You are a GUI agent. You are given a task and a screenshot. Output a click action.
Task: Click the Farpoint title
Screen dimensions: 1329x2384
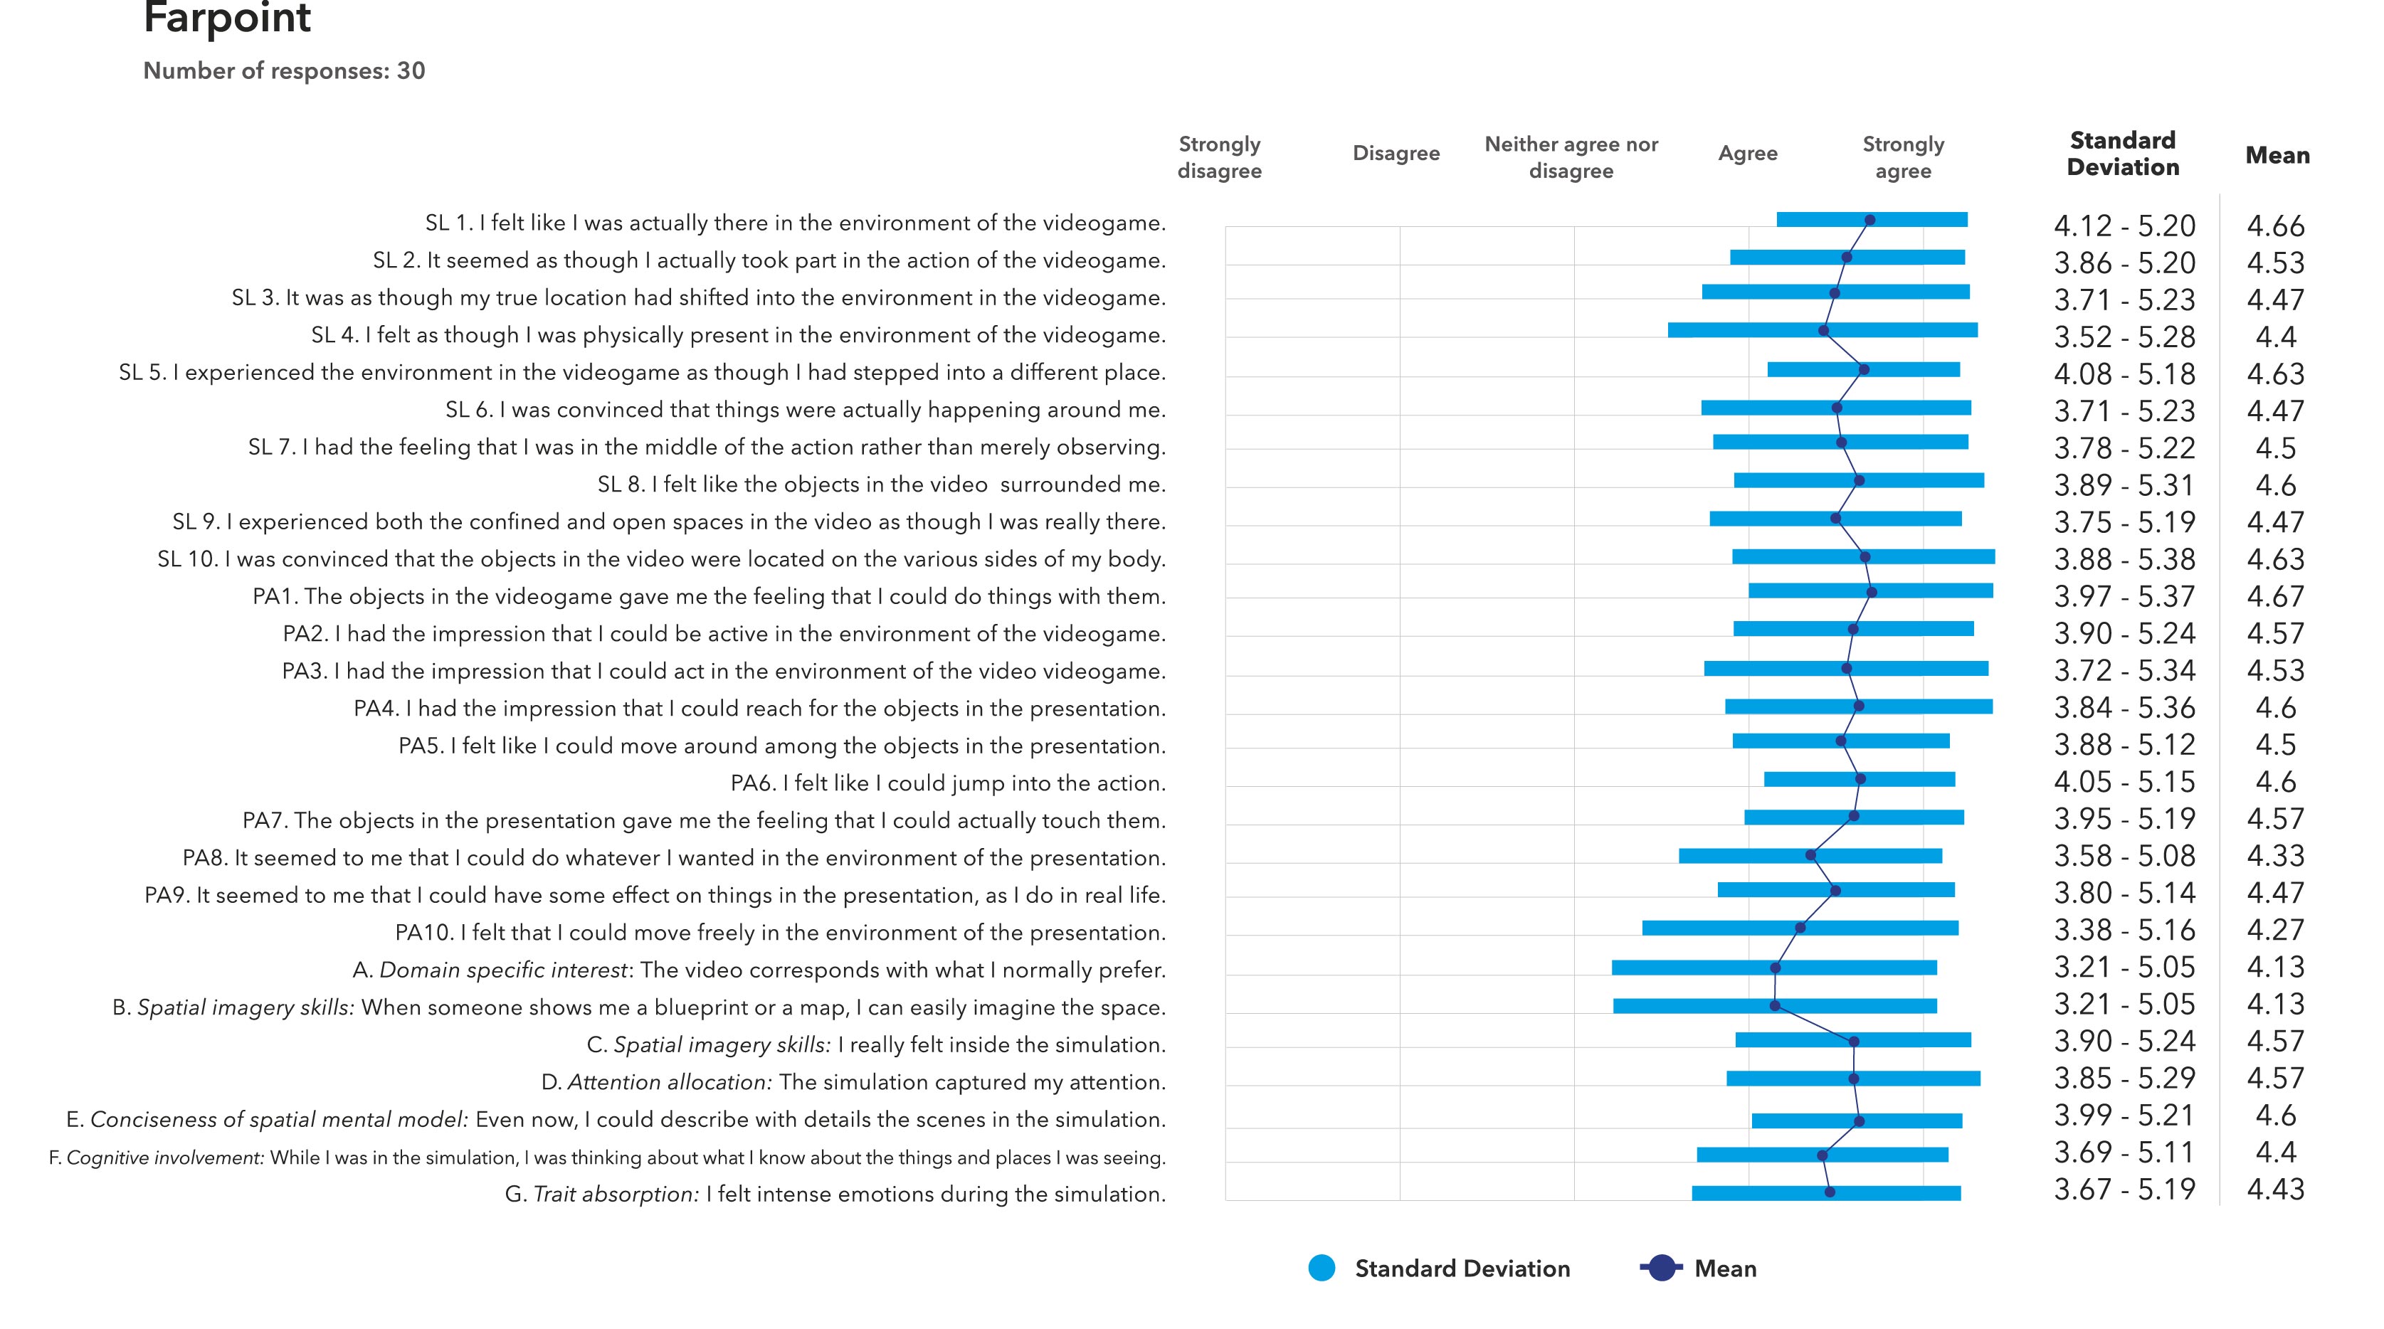pyautogui.click(x=227, y=18)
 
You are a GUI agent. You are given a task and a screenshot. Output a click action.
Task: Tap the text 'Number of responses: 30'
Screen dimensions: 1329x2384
pyautogui.click(x=284, y=71)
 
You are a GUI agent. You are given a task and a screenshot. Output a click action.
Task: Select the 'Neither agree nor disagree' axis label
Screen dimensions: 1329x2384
pyautogui.click(x=1571, y=157)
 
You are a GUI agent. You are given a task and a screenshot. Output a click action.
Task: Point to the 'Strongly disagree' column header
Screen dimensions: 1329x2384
pyautogui.click(x=1219, y=157)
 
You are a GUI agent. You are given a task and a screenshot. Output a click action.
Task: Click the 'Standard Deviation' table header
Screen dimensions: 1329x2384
pyautogui.click(x=2123, y=154)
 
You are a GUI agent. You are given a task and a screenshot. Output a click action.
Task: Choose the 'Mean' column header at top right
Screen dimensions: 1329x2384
pyautogui.click(x=2277, y=156)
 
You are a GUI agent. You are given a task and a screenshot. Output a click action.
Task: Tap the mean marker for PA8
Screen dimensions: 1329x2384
pyautogui.click(x=1810, y=855)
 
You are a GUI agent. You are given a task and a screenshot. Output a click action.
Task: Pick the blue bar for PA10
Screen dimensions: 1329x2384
pyautogui.click(x=1800, y=927)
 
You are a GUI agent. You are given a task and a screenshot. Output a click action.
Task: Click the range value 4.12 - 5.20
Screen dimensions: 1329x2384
pyautogui.click(x=2124, y=226)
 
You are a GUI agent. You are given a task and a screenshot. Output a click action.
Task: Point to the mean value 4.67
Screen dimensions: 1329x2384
pyautogui.click(x=2276, y=597)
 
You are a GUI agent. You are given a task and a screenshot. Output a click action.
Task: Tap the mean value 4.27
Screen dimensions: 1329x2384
pyautogui.click(x=2276, y=930)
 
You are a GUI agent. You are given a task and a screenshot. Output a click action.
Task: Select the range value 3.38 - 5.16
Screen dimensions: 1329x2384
pyautogui.click(x=2124, y=930)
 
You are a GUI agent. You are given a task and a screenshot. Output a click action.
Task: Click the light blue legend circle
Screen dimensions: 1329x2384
pyautogui.click(x=1322, y=1268)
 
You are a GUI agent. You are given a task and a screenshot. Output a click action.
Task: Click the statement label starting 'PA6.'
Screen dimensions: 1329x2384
pyautogui.click(x=948, y=784)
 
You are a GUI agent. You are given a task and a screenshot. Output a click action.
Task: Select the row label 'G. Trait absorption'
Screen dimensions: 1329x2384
pyautogui.click(x=835, y=1195)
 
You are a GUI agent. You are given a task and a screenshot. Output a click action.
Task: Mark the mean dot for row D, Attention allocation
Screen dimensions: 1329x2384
pyautogui.click(x=1853, y=1078)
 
